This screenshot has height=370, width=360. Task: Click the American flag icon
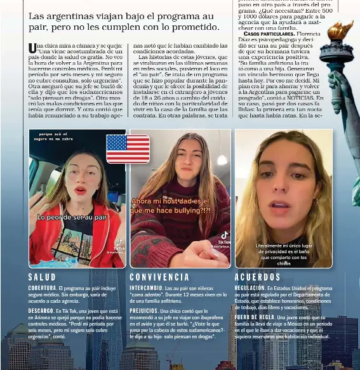128,148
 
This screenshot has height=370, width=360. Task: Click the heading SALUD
42,277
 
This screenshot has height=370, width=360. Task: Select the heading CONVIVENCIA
159,277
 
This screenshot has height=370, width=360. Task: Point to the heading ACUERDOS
258,277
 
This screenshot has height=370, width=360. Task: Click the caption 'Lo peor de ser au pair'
72,217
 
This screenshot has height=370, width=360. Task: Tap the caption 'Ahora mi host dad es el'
170,201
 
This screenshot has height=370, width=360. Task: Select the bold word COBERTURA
41,288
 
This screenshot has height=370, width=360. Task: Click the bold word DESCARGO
41,311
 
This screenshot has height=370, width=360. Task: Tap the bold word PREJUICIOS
144,311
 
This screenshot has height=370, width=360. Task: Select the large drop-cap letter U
32,48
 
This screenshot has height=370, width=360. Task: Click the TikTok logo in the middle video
224,235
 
